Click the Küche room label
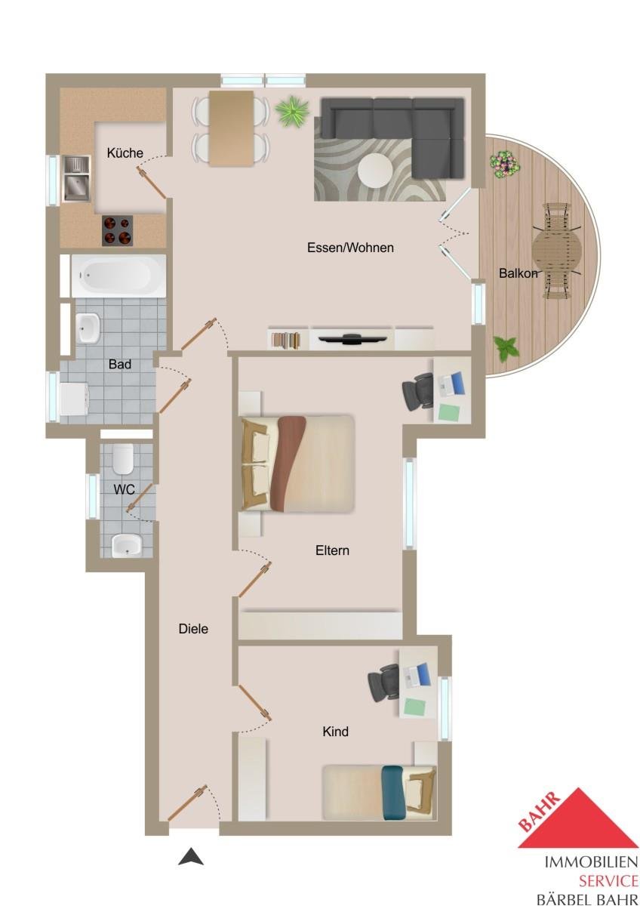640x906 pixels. [x=125, y=153]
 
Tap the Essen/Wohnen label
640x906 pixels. [x=350, y=248]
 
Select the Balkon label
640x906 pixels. [x=518, y=273]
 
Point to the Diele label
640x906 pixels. [x=193, y=628]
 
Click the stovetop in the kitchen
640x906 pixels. [x=117, y=230]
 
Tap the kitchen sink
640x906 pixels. [x=75, y=179]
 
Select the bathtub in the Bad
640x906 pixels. [x=118, y=276]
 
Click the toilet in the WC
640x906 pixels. [x=123, y=460]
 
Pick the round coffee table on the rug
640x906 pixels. [x=375, y=171]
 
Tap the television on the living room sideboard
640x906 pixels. [x=351, y=339]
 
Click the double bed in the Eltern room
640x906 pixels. [x=298, y=464]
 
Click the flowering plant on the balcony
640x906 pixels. [x=505, y=165]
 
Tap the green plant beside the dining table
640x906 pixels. [x=292, y=111]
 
